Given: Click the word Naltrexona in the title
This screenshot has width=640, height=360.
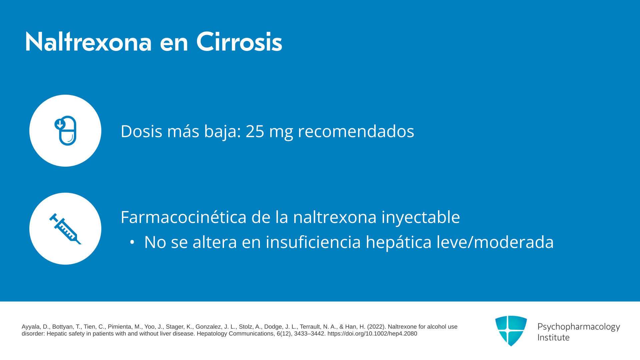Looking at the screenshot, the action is coord(88,42).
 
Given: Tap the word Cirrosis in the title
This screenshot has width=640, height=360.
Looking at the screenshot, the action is coord(239,42).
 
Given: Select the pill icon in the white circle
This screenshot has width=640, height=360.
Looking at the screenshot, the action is coord(65,131).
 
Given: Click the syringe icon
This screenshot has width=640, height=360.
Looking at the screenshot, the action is coord(65,229).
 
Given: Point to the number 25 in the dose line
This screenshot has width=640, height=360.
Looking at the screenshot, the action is coord(255,131).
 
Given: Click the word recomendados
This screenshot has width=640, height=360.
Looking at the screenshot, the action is coord(356,131).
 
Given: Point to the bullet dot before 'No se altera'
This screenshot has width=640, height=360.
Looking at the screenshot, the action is coord(132,243).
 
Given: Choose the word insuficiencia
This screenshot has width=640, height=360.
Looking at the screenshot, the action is coord(313,242).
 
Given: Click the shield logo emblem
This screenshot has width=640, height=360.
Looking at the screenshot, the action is coord(511,331).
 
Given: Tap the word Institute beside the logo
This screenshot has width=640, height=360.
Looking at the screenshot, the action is coord(553,338).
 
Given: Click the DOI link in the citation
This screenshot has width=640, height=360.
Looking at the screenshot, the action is coord(372,334).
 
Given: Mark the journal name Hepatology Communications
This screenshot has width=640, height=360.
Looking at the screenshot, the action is coord(235,334).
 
